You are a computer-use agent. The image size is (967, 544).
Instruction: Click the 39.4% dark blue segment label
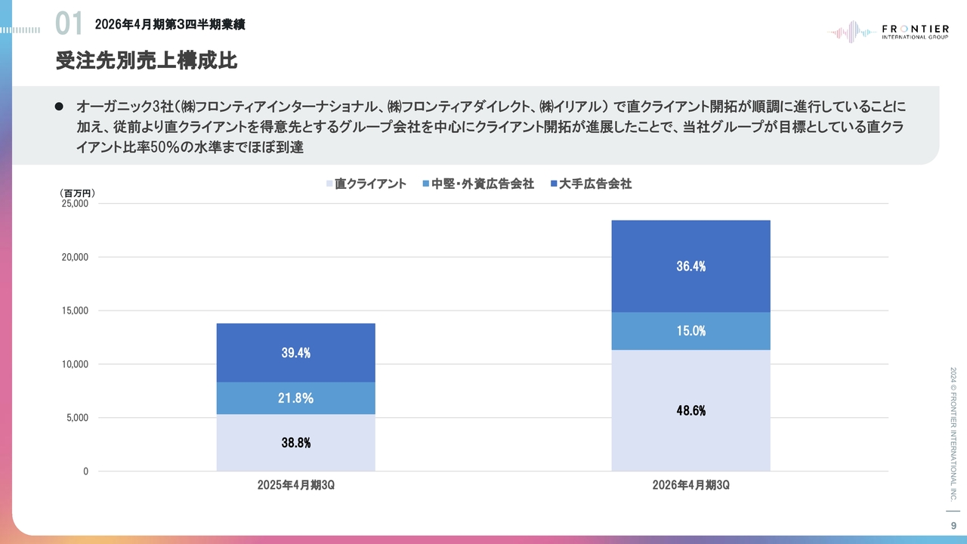pyautogui.click(x=296, y=353)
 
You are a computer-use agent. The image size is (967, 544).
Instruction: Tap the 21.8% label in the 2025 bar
pyautogui.click(x=296, y=398)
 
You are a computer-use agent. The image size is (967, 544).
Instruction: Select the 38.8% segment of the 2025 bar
pyautogui.click(x=296, y=444)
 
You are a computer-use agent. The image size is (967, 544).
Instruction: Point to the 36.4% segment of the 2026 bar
pyautogui.click(x=690, y=266)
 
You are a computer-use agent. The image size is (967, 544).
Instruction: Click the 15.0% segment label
pyautogui.click(x=690, y=331)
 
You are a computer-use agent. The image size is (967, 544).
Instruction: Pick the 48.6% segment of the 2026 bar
pyautogui.click(x=690, y=411)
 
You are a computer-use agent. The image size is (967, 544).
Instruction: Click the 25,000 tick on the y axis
pyautogui.click(x=75, y=204)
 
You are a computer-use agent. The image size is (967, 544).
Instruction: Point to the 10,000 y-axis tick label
pyautogui.click(x=75, y=364)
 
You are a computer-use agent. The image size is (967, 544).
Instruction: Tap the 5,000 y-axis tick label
pyautogui.click(x=76, y=418)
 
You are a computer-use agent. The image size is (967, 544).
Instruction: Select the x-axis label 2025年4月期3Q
pyautogui.click(x=295, y=485)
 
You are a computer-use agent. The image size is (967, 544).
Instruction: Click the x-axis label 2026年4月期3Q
pyautogui.click(x=690, y=485)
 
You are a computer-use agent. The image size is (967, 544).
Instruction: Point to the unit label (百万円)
pyautogui.click(x=77, y=193)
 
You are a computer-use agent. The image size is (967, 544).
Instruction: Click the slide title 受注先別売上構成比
pyautogui.click(x=147, y=61)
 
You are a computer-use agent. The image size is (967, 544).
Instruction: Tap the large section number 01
pyautogui.click(x=69, y=24)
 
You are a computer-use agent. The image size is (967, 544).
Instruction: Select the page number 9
pyautogui.click(x=953, y=526)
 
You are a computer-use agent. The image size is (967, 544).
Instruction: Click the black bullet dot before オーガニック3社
pyautogui.click(x=58, y=107)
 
